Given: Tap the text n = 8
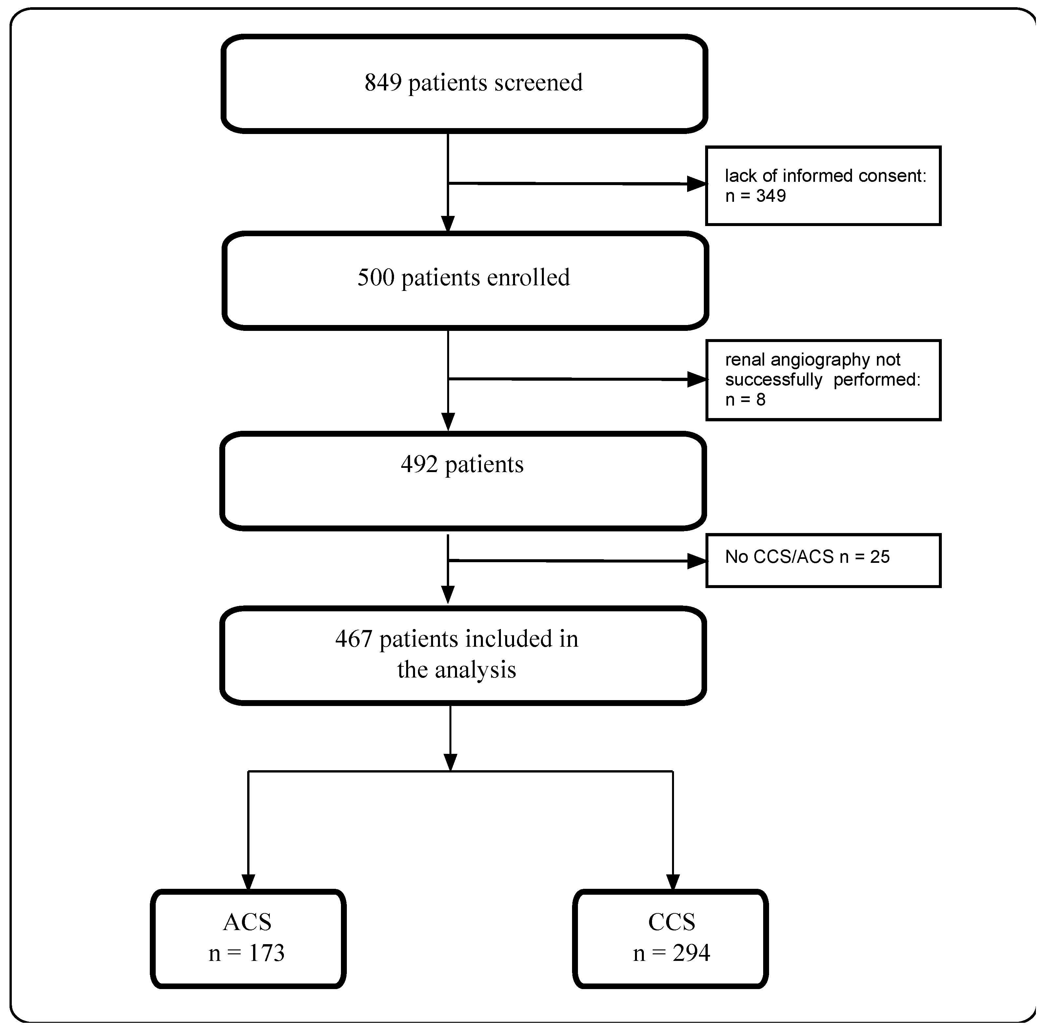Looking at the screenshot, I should coord(745,400).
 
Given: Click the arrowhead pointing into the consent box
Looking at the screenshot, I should coord(697,184).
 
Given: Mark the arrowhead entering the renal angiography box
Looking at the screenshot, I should coord(697,380).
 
